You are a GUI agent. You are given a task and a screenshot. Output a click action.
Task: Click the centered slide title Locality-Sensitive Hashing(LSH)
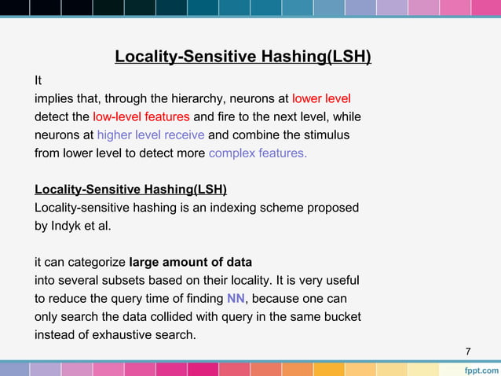tap(243, 57)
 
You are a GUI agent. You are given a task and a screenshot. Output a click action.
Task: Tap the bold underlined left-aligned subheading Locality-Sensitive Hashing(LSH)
tap(130, 190)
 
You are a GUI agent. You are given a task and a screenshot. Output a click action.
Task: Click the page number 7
tap(468, 351)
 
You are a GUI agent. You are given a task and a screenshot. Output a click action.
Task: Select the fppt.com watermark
tap(477, 368)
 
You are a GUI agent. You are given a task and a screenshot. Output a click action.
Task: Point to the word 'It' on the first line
tap(38, 80)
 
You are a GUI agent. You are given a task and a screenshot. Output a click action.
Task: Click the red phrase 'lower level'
tap(320, 98)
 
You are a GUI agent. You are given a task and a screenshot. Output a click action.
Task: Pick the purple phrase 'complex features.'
tap(258, 153)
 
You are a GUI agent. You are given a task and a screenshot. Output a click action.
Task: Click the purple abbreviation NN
tap(236, 299)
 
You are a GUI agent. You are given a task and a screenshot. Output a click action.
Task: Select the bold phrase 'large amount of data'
tap(190, 262)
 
